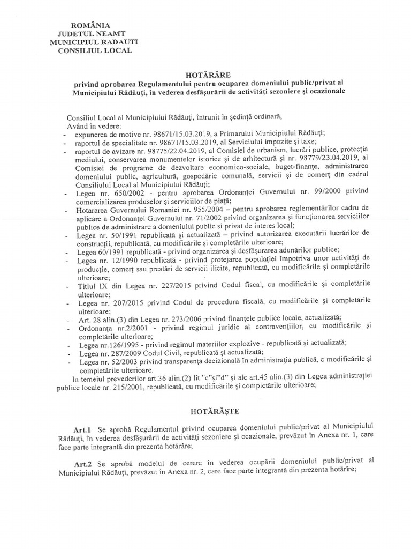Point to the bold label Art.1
coord(84,431)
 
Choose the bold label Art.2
coord(84,459)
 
